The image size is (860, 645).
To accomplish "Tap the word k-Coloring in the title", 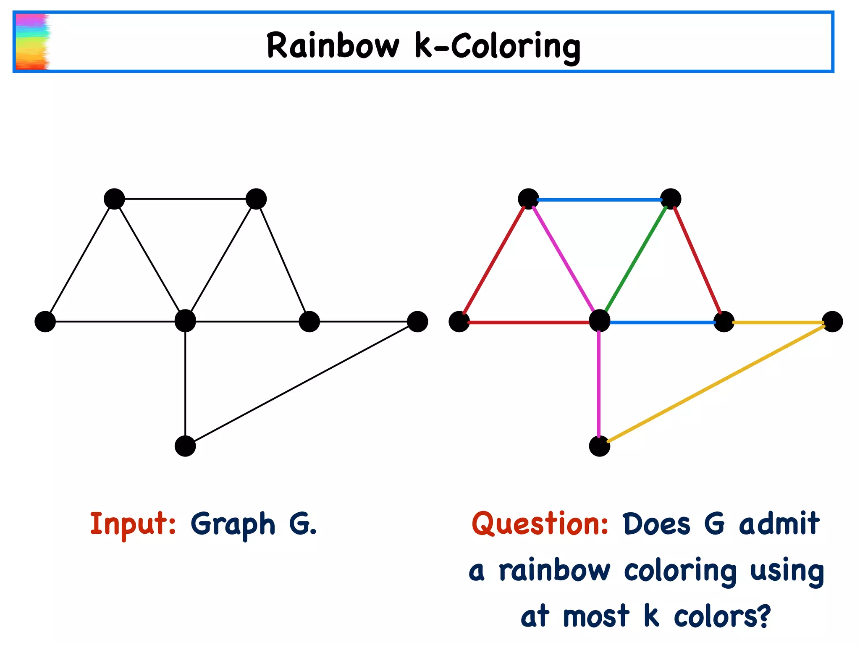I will (498, 46).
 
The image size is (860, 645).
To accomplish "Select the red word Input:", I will (133, 524).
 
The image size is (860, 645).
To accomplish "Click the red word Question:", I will (540, 524).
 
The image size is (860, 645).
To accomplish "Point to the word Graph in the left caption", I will (233, 524).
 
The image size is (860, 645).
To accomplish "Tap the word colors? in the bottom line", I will (722, 616).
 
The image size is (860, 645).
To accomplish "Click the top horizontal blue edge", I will (600, 199).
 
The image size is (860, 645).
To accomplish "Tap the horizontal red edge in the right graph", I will (529, 322).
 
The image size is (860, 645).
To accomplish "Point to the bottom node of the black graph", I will (185, 446).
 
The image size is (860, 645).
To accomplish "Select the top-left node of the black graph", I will (114, 199).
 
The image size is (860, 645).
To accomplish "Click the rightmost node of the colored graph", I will (832, 322).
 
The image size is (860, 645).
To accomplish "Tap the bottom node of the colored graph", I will (599, 446).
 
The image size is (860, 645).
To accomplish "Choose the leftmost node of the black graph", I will (45, 322).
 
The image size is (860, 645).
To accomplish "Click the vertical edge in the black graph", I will (185, 384).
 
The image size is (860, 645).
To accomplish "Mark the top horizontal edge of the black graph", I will (185, 199).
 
